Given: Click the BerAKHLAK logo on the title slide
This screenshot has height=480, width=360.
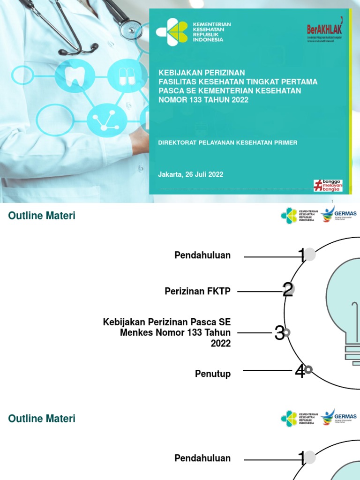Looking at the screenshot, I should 324,30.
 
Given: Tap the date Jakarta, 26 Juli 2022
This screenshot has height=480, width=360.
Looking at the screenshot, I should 190,174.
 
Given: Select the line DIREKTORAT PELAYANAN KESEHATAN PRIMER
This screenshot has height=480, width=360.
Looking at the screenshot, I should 227,142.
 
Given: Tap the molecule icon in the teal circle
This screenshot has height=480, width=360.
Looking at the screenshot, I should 107,120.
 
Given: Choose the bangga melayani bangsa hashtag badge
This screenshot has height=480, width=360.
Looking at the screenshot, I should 328,185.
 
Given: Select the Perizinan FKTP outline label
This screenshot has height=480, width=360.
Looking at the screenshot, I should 197,291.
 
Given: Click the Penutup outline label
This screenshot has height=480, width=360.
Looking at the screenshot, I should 213,374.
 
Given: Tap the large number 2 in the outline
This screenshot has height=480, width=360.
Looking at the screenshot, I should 287,290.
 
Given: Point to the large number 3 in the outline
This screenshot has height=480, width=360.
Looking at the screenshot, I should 279,333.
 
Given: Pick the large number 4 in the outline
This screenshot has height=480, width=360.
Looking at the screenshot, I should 300,372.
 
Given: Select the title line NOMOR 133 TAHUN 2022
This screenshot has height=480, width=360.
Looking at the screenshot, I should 203,99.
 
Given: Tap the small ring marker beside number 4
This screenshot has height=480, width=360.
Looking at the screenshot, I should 308,370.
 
